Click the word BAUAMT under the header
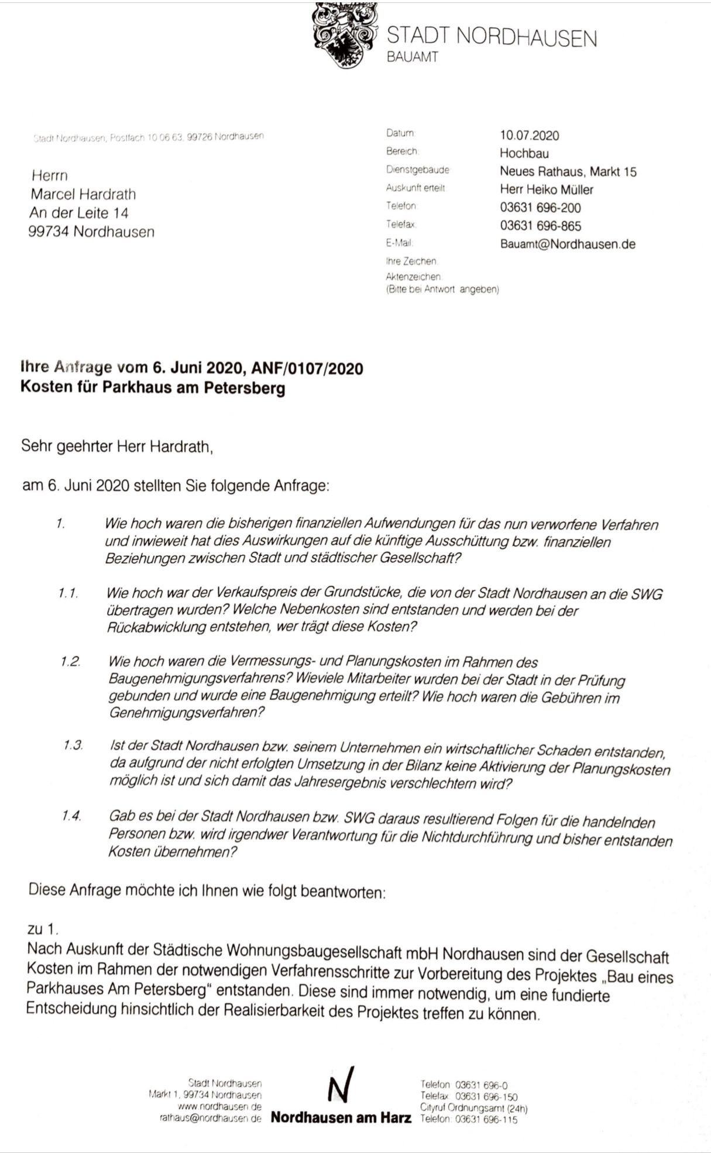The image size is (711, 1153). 412,57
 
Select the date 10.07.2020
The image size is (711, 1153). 529,136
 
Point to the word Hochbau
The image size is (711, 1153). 524,154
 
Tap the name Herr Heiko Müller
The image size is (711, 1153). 546,189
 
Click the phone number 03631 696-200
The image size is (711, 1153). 540,208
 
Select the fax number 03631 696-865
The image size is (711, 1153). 540,226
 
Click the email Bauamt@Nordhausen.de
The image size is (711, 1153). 567,244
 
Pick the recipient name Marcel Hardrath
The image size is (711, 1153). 83,194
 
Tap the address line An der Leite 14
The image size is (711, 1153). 79,213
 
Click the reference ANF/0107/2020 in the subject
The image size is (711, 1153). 307,368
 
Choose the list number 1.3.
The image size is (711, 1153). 73,745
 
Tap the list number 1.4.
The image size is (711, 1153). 71,816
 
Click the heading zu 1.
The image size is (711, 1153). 43,928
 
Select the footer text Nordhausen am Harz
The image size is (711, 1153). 341,1118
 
